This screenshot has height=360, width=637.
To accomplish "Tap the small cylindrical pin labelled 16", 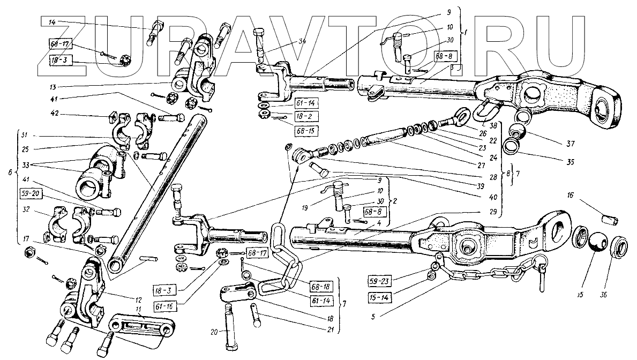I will (610, 220).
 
